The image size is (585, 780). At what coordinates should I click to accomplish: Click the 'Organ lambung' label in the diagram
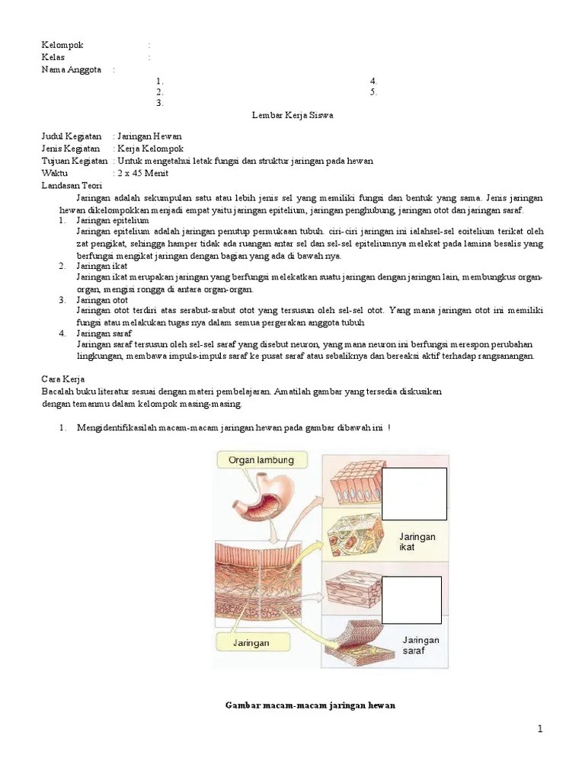261,460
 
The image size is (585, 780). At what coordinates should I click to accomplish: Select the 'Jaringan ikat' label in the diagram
417,542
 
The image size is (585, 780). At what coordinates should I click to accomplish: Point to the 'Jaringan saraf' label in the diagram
420,645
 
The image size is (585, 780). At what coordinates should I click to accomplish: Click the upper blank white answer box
414,494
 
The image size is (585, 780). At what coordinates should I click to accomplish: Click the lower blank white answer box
411,599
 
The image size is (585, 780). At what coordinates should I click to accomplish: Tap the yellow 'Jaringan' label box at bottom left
251,643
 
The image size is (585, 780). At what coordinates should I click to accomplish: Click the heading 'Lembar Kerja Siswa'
292,115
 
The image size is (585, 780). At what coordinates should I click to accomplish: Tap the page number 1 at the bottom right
540,729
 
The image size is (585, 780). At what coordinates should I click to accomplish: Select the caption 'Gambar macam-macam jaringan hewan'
310,705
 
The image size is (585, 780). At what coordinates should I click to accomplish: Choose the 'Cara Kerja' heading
62,379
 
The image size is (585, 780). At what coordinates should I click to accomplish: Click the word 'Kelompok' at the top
62,45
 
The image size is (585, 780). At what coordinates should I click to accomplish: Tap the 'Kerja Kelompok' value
149,149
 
